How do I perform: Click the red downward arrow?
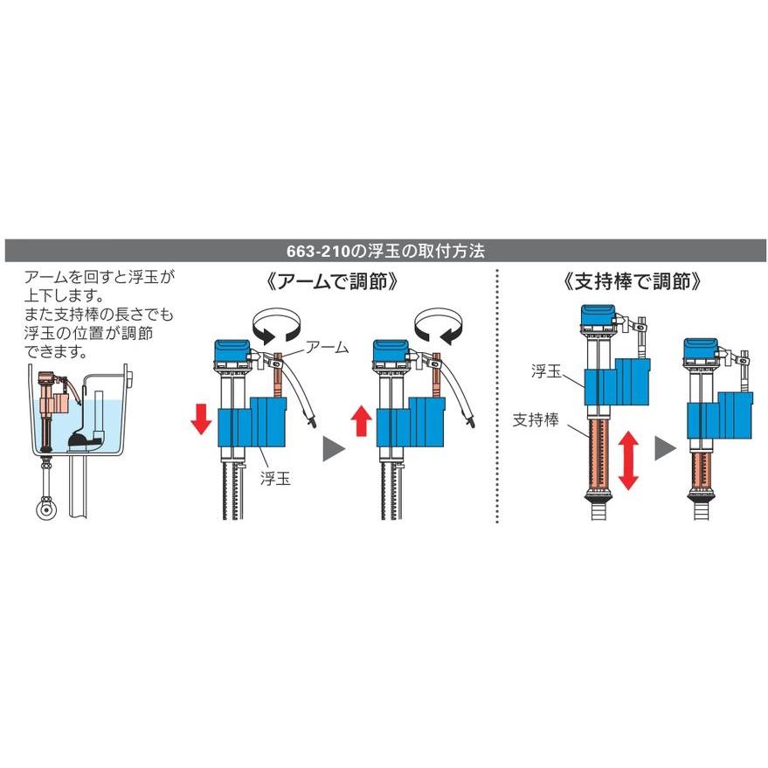point(201,419)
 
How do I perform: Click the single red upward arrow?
point(362,420)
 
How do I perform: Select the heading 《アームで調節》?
point(332,281)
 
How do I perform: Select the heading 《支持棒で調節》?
point(633,281)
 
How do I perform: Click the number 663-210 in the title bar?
point(319,252)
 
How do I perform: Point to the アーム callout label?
point(327,347)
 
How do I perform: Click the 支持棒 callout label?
point(536,419)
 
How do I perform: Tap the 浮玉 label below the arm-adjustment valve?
point(275,479)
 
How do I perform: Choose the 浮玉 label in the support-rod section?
point(546,370)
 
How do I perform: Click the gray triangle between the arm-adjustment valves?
point(334,448)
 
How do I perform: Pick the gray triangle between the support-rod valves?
point(665,447)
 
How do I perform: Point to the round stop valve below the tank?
point(46,509)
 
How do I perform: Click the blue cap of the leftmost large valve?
point(232,350)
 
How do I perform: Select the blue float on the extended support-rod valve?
point(617,382)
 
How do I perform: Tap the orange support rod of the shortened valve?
point(701,469)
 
